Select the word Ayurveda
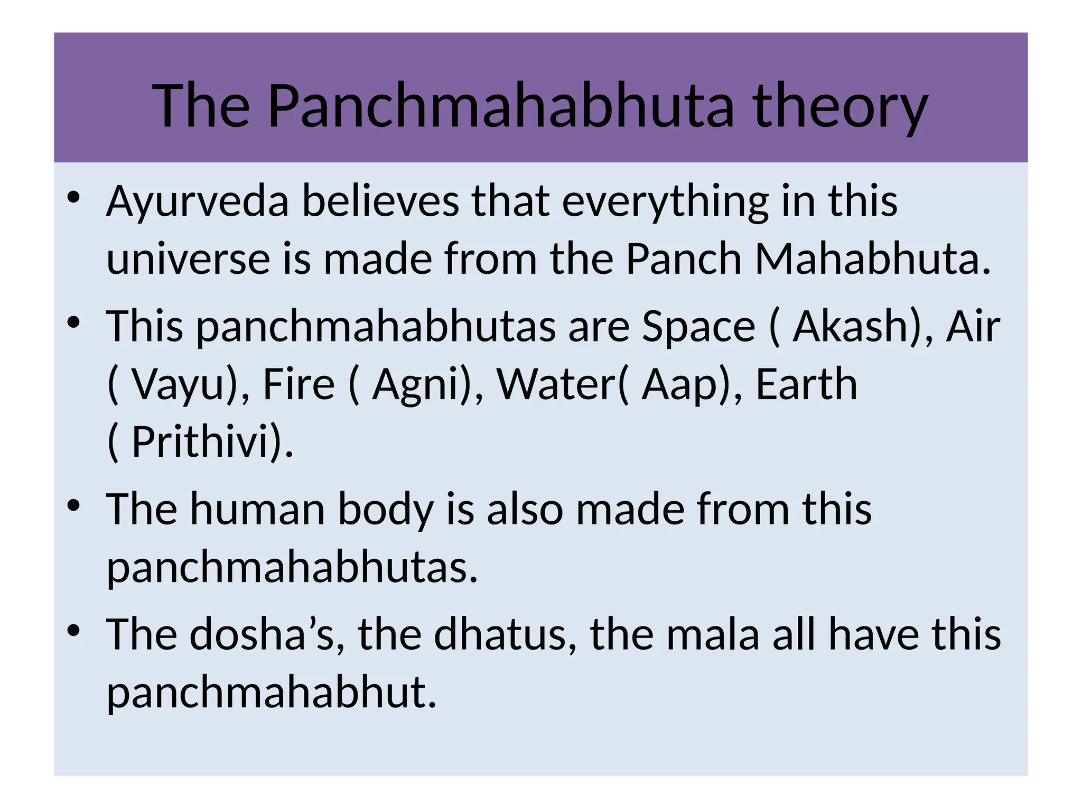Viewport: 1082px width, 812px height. click(198, 202)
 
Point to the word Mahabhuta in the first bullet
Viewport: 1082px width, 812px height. click(872, 260)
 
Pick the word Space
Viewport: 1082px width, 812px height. click(698, 326)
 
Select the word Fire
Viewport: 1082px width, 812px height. click(299, 384)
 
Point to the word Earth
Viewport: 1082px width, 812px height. click(806, 384)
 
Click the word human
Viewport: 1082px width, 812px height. click(257, 509)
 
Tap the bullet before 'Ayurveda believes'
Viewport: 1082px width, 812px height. click(73, 198)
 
